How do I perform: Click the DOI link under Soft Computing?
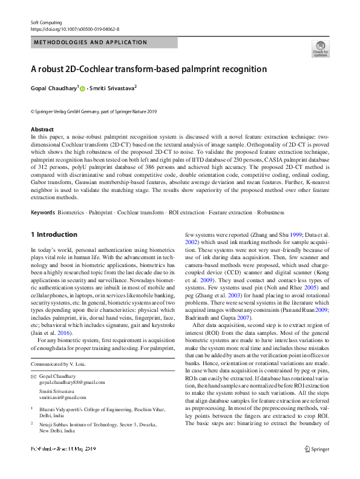tap(74, 28)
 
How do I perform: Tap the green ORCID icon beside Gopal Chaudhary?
tap(82, 89)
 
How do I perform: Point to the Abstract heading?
tap(42, 130)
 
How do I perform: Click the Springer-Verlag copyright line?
tap(93, 111)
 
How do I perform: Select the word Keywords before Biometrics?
tap(43, 213)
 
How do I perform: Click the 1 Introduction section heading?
tap(54, 234)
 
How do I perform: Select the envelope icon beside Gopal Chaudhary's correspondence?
tap(33, 377)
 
